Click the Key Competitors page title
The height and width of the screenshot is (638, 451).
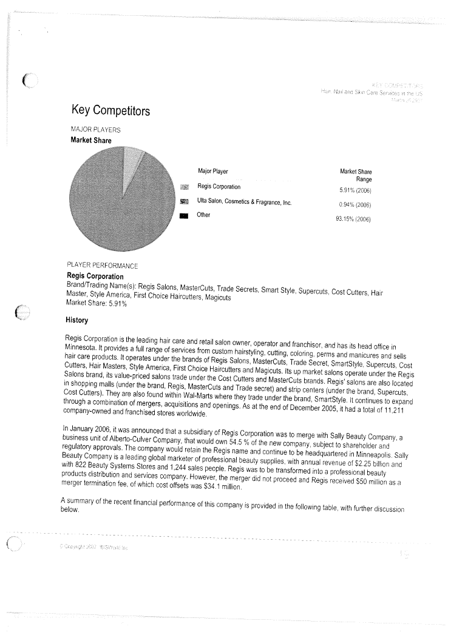[x=110, y=111]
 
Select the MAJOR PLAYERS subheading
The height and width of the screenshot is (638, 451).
[x=96, y=130]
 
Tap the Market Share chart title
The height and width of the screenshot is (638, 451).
[x=91, y=141]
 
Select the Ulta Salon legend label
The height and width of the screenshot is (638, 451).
[x=245, y=202]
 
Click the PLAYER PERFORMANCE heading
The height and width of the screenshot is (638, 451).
[x=103, y=265]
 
